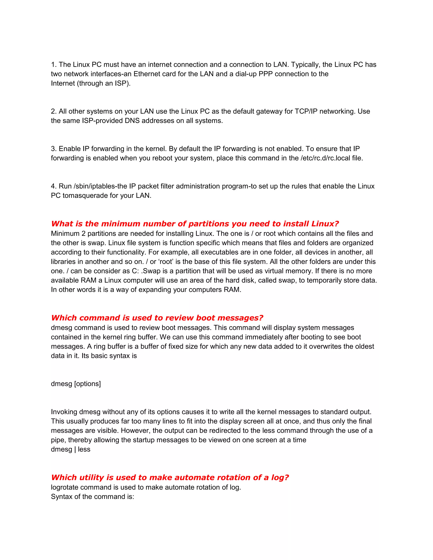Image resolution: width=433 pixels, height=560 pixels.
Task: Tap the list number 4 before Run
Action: [53, 186]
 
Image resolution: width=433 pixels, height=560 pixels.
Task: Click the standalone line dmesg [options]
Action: [76, 384]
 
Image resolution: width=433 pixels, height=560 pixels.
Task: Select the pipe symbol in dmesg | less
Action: [75, 449]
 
